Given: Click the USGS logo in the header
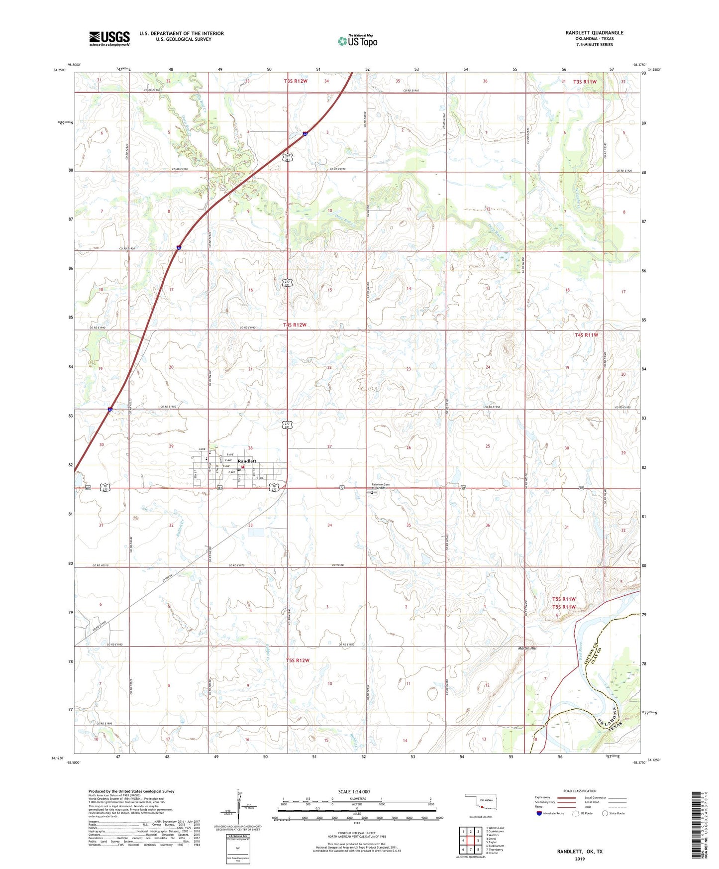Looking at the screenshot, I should click(x=109, y=38).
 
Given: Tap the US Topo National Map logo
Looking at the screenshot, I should click(x=357, y=40).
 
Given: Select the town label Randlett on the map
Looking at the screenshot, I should click(x=247, y=461).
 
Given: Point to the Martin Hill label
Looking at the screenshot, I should click(x=527, y=648).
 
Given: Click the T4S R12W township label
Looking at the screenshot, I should click(x=295, y=325).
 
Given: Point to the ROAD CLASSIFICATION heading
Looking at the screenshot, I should click(x=580, y=791).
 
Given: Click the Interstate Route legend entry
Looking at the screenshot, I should click(x=550, y=813).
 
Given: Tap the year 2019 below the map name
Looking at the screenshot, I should click(x=579, y=859).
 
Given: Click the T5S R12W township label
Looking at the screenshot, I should click(x=298, y=660).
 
